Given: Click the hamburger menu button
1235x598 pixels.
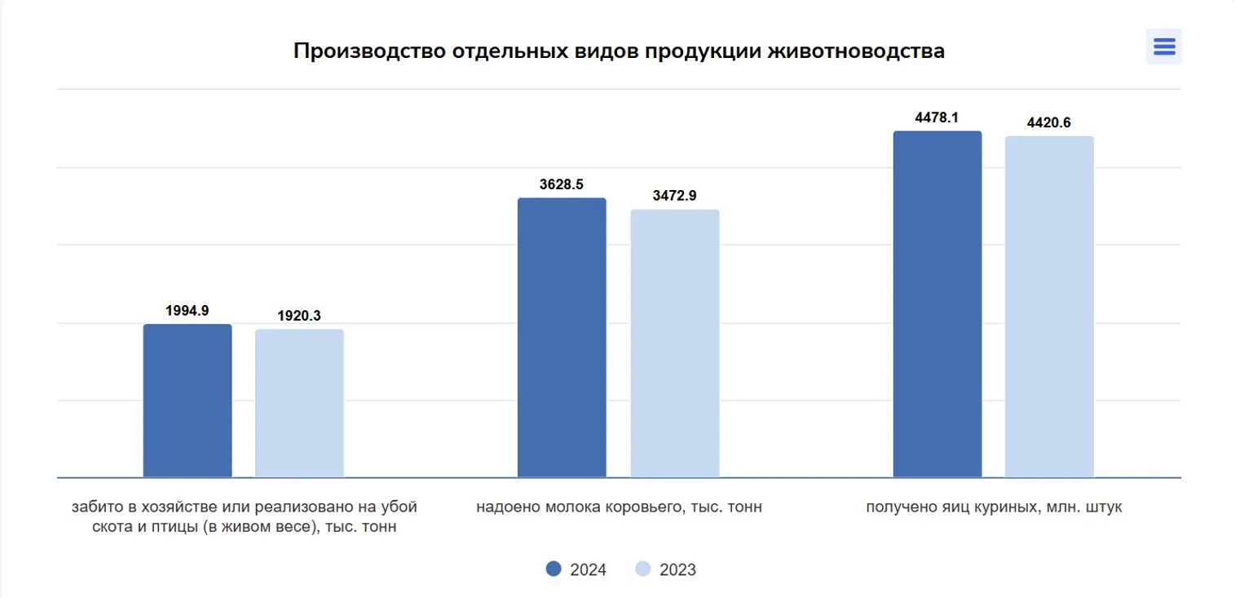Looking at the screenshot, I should pos(1164,47).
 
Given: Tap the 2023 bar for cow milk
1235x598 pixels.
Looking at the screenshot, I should pos(675,343).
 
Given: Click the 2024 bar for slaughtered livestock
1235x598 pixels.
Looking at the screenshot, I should pos(187,401).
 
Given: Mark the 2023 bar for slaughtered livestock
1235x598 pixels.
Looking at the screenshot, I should pos(299,403).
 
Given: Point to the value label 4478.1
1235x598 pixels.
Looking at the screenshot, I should pos(937,117).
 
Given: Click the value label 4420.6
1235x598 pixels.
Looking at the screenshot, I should pos(1049,123).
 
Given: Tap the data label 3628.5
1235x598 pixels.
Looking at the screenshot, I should pos(562,184).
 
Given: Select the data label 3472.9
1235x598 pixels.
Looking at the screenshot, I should pos(674,196).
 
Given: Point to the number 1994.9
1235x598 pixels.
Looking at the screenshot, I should pos(187,311).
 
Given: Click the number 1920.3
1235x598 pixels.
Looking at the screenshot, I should pos(299,316).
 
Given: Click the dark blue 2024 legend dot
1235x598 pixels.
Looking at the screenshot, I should pos(554,569).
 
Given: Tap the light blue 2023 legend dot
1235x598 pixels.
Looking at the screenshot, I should pos(643,569).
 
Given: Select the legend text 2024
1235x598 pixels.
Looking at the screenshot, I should pos(588,569).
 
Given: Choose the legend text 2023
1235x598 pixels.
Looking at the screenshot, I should pos(677,569).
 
